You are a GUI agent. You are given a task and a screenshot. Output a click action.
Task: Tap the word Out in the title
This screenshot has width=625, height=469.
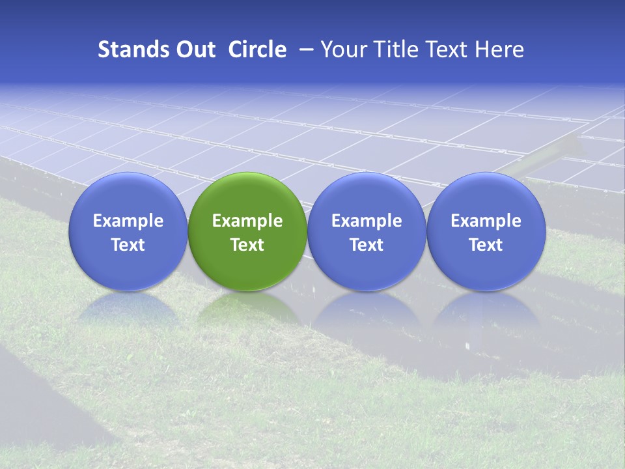[x=194, y=50]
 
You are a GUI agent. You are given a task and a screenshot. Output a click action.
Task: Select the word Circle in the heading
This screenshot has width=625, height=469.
[x=257, y=50]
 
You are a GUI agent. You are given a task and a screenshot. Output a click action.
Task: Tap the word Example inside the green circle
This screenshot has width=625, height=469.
[x=247, y=221]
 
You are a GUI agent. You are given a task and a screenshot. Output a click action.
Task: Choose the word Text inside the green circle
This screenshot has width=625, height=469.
[x=247, y=245]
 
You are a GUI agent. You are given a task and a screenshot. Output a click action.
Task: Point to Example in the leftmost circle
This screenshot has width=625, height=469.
[x=128, y=221]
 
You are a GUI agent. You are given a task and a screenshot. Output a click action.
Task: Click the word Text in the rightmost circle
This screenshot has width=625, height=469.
[x=486, y=245]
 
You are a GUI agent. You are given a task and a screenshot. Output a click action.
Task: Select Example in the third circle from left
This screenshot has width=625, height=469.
[x=367, y=221]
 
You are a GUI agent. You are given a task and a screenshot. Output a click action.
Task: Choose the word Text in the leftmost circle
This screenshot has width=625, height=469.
[x=128, y=245]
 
